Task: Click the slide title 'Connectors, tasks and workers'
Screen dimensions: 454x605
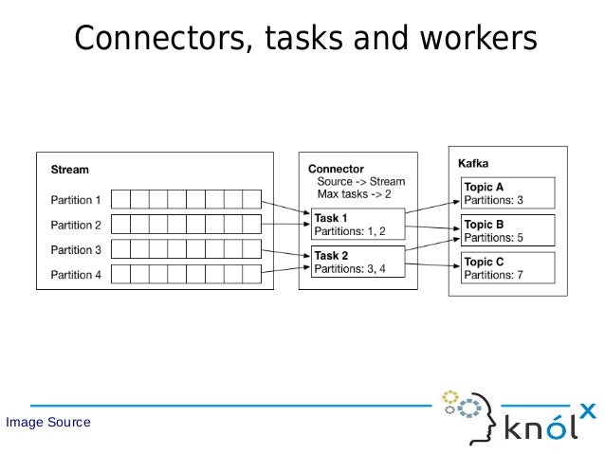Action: click(x=305, y=39)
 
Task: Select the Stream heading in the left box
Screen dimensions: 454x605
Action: click(x=69, y=171)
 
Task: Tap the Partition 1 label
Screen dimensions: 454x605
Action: click(x=76, y=200)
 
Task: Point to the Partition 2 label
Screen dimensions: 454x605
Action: click(x=76, y=226)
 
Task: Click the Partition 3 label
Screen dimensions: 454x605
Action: click(x=76, y=250)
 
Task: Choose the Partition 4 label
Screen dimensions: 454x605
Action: click(x=76, y=276)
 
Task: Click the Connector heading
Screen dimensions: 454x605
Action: click(x=337, y=169)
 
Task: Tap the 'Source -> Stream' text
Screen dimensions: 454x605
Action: click(x=360, y=181)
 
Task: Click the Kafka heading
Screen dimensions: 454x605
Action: click(x=474, y=163)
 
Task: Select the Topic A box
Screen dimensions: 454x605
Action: click(x=506, y=193)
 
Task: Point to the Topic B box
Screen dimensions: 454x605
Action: click(x=506, y=230)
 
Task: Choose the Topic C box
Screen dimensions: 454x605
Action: click(x=506, y=267)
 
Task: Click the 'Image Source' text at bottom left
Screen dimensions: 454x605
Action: click(x=48, y=422)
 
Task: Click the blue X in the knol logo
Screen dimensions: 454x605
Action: click(x=588, y=410)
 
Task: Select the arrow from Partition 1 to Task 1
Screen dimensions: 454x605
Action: click(x=284, y=208)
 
